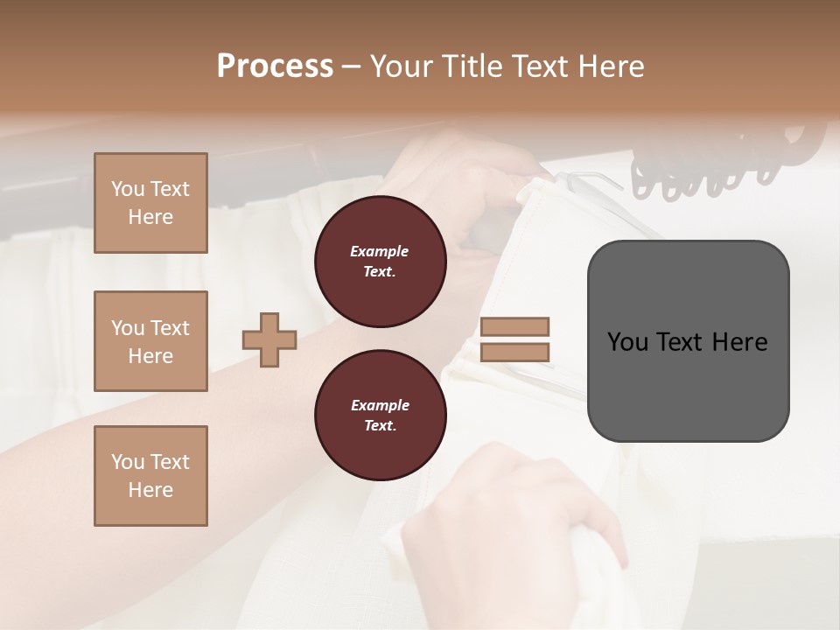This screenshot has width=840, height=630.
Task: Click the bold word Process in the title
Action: pos(275,66)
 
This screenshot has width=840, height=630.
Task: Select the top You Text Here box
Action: pos(150,203)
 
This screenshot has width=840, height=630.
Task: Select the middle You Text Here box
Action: pos(150,341)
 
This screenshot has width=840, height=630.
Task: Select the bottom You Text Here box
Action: pos(150,475)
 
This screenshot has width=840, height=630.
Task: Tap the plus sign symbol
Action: pos(269,340)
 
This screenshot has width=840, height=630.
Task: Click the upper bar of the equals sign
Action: pos(514,327)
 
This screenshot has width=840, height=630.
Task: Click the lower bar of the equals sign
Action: pos(514,353)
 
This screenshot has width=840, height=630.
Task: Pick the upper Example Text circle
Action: pos(380,262)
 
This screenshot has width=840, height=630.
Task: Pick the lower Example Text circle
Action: pos(380,416)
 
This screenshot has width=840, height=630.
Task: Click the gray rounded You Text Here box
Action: pos(688,340)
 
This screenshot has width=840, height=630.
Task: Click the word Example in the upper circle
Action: pos(380,251)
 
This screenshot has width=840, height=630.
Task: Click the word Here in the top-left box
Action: pos(150,217)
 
